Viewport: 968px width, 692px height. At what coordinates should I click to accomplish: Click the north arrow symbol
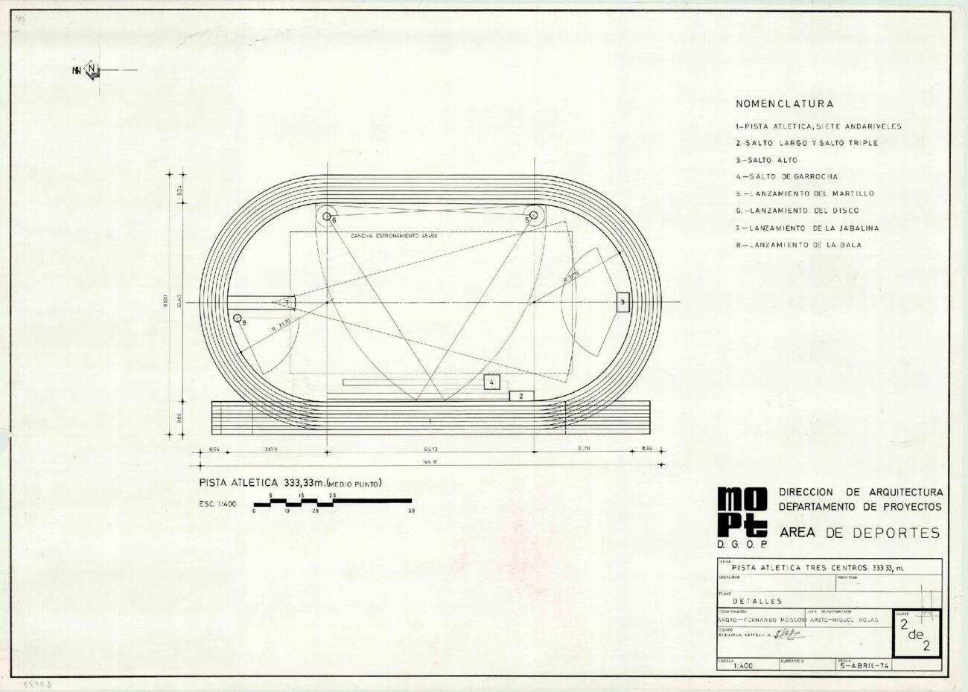point(91,71)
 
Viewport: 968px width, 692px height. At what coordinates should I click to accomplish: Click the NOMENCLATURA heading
point(784,104)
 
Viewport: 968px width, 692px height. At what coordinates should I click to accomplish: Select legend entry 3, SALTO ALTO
point(766,160)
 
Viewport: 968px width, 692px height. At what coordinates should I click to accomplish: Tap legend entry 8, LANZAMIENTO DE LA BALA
point(798,245)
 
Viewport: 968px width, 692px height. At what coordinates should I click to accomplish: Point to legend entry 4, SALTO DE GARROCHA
point(786,177)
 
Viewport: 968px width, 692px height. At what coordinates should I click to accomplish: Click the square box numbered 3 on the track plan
point(623,302)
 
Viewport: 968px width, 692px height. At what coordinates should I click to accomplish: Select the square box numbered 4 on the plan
point(491,382)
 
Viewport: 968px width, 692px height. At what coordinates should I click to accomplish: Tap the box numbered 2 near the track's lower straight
point(521,396)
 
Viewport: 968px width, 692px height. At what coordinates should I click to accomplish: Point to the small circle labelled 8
point(238,319)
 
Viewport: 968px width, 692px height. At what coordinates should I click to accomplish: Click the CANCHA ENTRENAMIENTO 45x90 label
point(394,236)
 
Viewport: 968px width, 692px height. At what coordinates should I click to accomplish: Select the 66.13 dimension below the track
point(430,449)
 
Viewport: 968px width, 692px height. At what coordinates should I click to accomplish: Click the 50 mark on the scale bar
point(411,510)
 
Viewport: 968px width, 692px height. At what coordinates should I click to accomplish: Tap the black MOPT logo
point(742,513)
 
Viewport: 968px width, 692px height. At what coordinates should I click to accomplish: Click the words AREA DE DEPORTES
point(859,533)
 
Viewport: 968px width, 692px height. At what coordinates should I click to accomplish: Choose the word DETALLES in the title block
point(757,600)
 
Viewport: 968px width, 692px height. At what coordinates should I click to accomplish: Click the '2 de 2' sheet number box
point(916,633)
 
